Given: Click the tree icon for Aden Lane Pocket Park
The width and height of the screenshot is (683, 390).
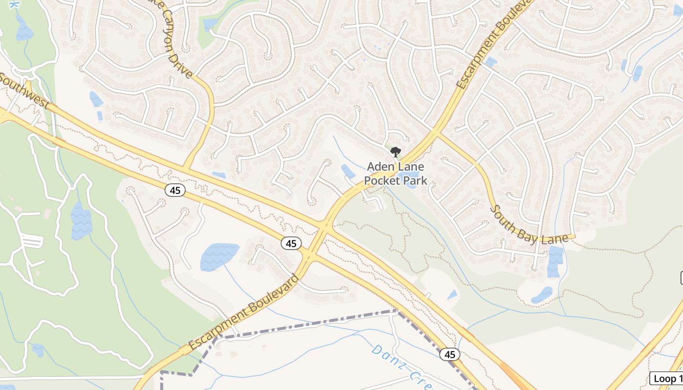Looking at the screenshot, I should click(x=396, y=152).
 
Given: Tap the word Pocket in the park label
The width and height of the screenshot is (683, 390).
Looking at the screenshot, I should click(x=381, y=180).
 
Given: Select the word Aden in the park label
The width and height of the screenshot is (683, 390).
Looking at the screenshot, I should click(x=379, y=167).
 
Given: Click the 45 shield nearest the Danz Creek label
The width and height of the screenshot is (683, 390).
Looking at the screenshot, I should click(x=450, y=354).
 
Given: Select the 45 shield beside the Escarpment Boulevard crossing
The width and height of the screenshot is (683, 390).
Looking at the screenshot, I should click(x=291, y=243).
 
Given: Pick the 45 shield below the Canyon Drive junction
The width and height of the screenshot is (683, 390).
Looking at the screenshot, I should click(x=175, y=190).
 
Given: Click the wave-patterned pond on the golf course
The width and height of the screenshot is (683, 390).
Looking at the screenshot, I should click(x=81, y=221).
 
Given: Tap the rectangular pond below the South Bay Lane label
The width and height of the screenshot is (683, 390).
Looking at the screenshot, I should click(x=555, y=262).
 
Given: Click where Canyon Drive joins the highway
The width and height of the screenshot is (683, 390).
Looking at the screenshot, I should click(x=186, y=169).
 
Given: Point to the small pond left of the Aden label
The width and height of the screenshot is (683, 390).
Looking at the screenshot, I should click(x=348, y=172).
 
